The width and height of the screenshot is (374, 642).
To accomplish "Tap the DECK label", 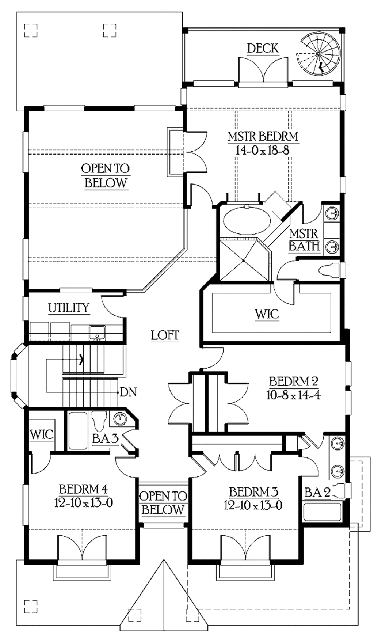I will [x=263, y=48].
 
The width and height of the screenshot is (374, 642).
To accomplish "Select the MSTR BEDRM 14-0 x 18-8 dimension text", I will [x=263, y=150].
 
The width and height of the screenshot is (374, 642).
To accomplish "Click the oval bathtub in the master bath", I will [x=247, y=221].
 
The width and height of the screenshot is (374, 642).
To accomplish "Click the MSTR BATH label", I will [x=304, y=240].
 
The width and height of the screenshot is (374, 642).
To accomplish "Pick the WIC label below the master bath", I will [x=267, y=314].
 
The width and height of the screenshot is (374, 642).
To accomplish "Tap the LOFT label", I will [x=165, y=335].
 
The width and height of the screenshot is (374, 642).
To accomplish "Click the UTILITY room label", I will [x=69, y=308].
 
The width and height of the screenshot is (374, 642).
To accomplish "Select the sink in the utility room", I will [x=97, y=332].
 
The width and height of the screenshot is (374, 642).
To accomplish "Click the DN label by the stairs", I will [x=128, y=392].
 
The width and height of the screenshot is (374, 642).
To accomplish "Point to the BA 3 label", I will [x=105, y=438].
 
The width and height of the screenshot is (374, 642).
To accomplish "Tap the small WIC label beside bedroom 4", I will [x=41, y=434].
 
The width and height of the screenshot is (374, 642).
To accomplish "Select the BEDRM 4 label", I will [x=83, y=489].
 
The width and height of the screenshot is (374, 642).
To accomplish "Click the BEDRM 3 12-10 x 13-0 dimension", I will [x=253, y=505].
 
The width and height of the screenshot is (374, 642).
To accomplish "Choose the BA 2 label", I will [x=317, y=492].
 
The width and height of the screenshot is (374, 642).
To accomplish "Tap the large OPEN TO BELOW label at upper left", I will [x=105, y=175].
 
